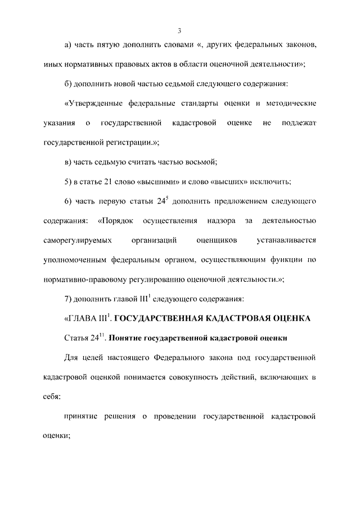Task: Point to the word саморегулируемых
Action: point(76,240)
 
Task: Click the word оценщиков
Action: point(217,240)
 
